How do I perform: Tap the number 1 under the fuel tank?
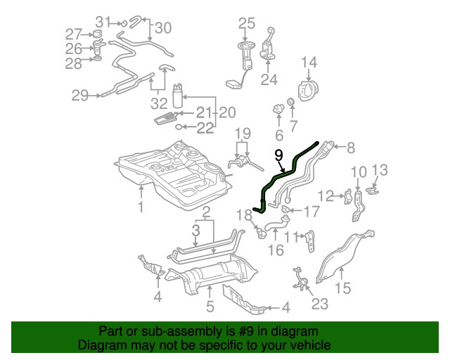141,207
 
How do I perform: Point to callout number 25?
245,24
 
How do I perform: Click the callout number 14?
309,64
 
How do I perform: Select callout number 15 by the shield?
342,288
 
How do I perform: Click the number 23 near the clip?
320,304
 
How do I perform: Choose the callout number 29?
79,95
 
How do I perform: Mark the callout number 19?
243,134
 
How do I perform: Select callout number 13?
380,169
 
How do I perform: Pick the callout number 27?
74,34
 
